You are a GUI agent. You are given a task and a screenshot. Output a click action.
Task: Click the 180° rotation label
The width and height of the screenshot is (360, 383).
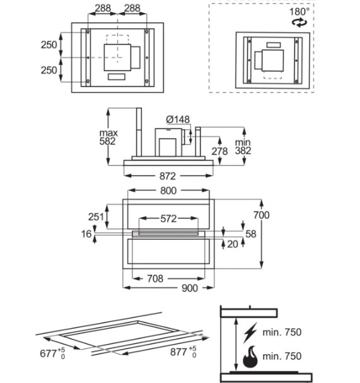click(299, 11)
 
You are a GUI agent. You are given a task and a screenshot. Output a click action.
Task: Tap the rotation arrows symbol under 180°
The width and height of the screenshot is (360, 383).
click(299, 23)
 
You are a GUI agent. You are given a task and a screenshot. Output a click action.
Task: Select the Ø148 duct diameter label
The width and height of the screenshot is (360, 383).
click(178, 120)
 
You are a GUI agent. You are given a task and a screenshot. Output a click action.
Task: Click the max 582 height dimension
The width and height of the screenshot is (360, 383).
click(108, 137)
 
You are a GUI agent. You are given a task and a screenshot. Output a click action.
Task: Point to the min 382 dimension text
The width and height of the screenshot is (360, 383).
click(243, 147)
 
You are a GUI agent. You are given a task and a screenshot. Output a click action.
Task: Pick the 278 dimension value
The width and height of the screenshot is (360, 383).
click(219, 151)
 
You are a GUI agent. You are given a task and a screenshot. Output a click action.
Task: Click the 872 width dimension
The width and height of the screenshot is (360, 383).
click(168, 176)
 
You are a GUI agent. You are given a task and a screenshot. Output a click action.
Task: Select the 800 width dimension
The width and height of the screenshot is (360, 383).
click(168, 190)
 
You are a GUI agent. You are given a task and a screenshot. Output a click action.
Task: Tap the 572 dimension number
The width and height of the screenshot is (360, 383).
click(168, 219)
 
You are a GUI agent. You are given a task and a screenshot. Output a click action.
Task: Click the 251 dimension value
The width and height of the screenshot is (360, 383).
click(96, 217)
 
